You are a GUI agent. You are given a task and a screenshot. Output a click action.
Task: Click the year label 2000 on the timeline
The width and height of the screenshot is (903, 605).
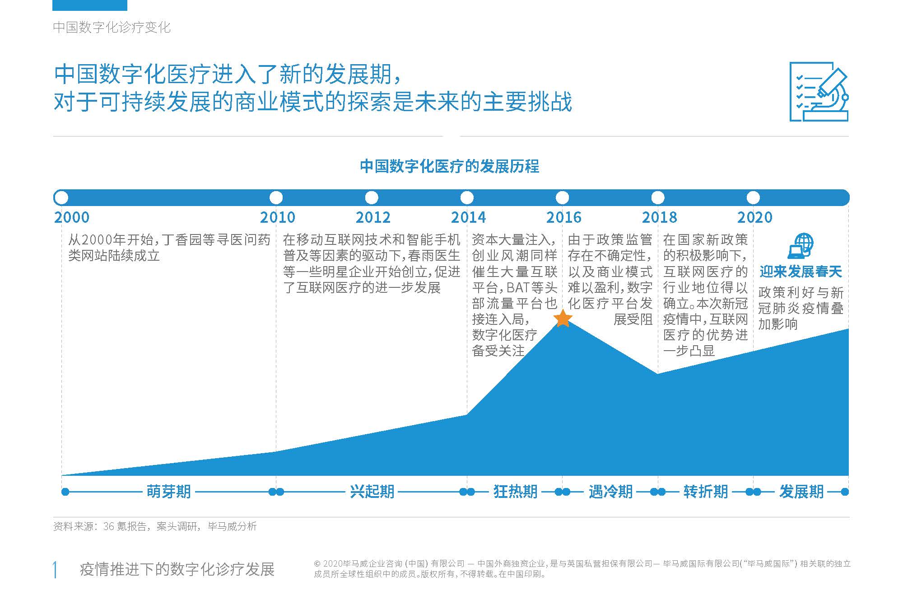(72, 217)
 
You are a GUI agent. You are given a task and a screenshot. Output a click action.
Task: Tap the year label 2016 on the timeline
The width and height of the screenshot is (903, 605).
(564, 217)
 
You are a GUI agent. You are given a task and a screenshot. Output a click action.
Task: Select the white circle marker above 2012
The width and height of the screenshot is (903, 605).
(372, 197)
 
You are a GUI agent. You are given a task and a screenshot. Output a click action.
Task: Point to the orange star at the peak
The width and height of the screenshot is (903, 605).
(563, 319)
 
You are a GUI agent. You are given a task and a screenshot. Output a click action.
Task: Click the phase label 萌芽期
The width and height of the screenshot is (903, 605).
(168, 491)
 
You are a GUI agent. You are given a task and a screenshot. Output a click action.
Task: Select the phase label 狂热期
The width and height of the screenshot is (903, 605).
(515, 491)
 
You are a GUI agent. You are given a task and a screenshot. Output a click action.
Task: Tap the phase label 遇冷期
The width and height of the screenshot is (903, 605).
(610, 491)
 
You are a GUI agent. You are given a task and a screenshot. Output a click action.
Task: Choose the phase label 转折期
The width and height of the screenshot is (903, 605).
(706, 491)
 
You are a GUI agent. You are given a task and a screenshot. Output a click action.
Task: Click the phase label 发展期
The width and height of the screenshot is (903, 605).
(801, 491)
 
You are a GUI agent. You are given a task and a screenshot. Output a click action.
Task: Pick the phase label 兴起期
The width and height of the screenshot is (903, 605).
(372, 491)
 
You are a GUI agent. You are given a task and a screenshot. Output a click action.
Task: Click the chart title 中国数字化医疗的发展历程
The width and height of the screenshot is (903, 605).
(449, 166)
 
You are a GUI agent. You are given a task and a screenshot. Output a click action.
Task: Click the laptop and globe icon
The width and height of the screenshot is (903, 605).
(801, 246)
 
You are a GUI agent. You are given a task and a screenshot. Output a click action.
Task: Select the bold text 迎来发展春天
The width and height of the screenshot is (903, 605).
(801, 272)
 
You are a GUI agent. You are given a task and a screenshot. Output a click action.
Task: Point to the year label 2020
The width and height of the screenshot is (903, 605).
(755, 217)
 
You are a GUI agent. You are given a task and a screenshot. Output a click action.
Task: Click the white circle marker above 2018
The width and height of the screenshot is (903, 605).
(658, 197)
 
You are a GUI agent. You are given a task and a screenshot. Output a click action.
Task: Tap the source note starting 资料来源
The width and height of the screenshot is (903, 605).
(155, 526)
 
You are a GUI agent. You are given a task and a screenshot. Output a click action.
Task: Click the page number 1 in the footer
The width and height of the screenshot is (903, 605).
(56, 569)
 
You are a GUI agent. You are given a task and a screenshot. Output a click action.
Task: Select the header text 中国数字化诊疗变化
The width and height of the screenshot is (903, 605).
(112, 27)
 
